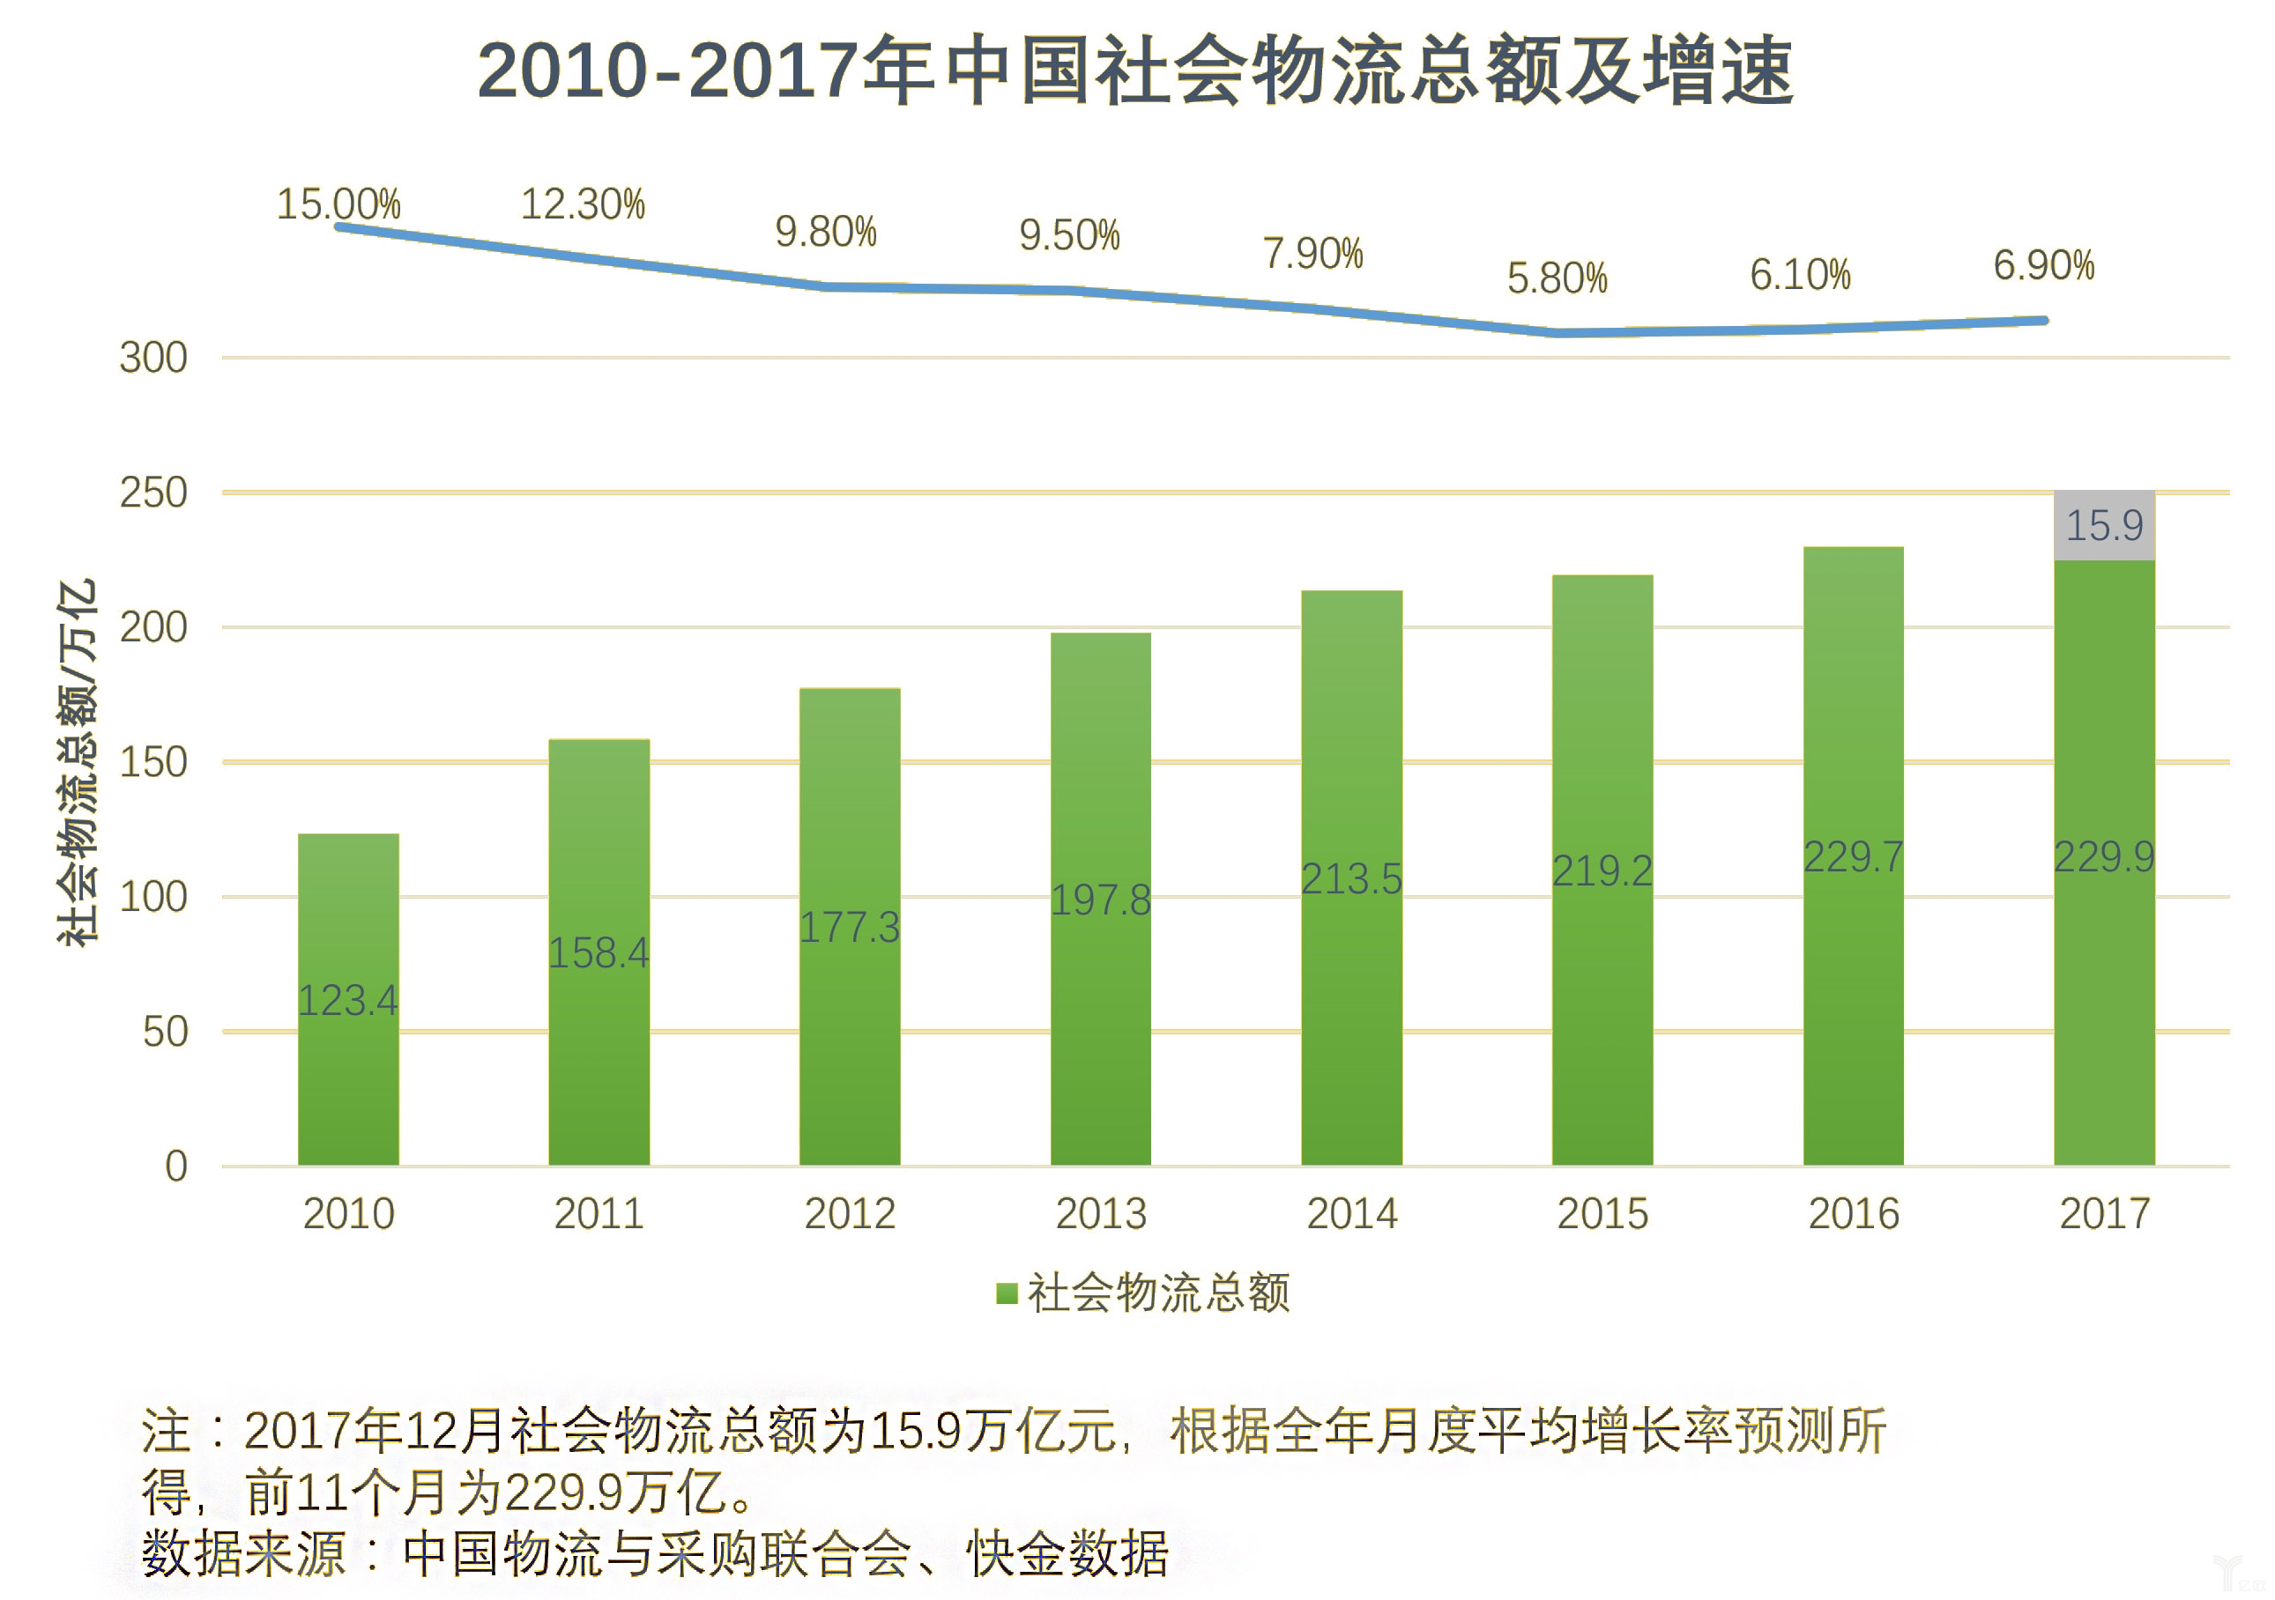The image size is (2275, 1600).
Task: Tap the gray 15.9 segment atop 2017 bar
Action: click(2104, 525)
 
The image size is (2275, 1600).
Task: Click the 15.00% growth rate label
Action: click(338, 204)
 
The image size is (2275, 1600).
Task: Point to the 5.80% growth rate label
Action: click(1557, 278)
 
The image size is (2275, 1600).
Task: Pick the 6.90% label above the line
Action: click(2043, 265)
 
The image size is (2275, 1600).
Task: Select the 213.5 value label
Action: click(1350, 878)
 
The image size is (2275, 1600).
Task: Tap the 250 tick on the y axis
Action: click(153, 493)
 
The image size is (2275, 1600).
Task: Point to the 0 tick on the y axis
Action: click(176, 1166)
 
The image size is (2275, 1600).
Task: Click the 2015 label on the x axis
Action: click(1602, 1213)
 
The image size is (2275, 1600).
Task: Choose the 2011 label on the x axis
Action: click(598, 1213)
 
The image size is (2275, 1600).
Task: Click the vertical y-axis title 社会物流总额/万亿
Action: click(78, 762)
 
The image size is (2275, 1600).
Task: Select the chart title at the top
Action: click(1135, 71)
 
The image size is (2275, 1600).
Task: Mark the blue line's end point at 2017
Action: click(2043, 320)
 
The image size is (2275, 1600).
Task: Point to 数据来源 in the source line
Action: click(242, 1553)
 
